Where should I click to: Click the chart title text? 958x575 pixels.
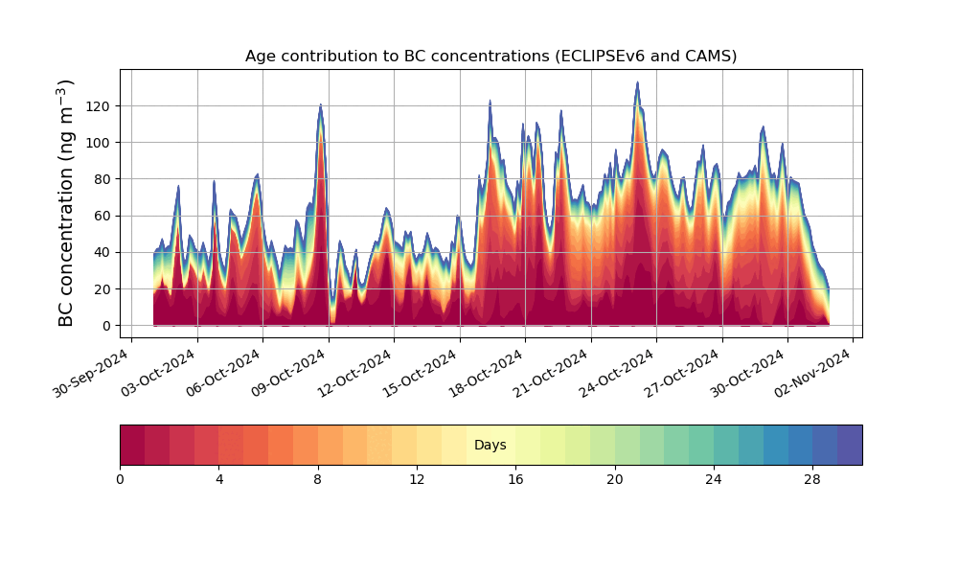point(490,56)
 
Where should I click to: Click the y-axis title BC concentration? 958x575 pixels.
point(66,203)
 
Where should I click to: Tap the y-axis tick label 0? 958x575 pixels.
point(105,326)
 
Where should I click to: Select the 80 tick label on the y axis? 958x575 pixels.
point(102,179)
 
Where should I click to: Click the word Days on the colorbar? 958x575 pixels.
point(490,446)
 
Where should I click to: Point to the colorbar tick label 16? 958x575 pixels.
point(515,479)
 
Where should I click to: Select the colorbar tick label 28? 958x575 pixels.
point(812,479)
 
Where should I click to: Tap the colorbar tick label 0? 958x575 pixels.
point(120,479)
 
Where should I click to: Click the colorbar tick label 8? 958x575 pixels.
point(318,479)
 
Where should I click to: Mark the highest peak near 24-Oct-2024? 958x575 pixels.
point(637,83)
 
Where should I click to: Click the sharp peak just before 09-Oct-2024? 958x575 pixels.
point(321,105)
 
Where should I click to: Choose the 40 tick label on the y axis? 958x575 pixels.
point(102,253)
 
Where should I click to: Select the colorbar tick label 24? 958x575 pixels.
point(714,479)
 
